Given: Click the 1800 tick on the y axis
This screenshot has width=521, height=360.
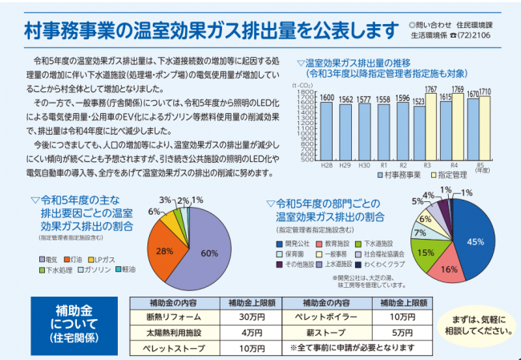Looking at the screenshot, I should tap(305, 87).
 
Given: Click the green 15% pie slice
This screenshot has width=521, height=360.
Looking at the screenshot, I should tap(426, 254).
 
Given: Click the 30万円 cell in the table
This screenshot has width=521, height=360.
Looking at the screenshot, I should tap(252, 316).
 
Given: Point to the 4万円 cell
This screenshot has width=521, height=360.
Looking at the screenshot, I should tap(252, 330).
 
